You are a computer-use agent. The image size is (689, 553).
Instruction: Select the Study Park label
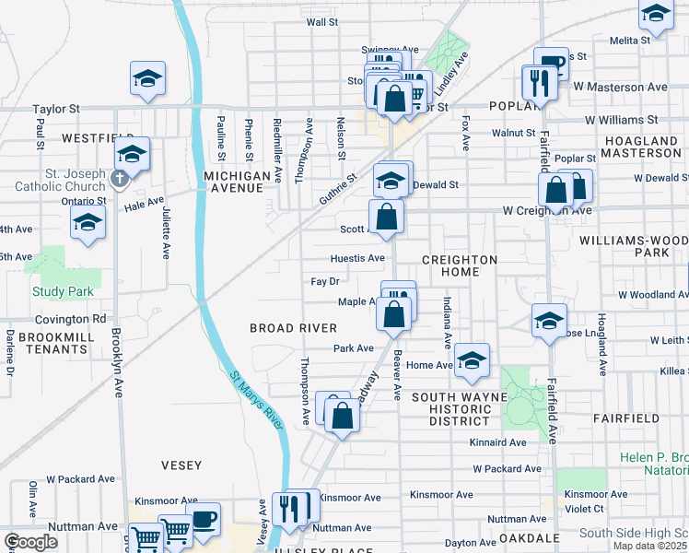57,292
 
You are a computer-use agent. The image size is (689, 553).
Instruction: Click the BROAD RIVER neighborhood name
294,328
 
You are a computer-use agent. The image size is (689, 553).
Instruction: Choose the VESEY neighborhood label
181,465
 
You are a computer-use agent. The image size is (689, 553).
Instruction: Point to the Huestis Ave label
358,258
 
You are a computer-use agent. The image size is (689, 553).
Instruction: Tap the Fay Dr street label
325,281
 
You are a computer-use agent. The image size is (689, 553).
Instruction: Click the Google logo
30,542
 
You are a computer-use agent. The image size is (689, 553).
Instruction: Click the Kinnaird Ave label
498,443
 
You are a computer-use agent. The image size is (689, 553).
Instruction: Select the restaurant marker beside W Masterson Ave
536,83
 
